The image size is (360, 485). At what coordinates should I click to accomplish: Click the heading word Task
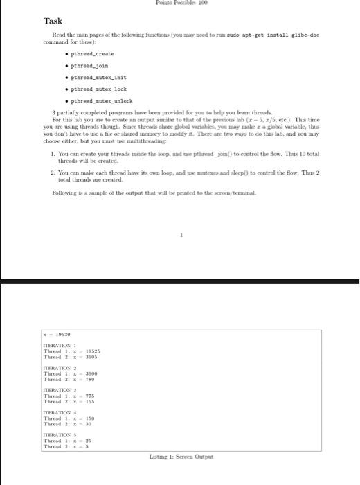pos(53,21)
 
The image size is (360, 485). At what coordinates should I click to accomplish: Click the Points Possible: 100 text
pos(181,3)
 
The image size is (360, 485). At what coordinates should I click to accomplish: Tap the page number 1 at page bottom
pos(181,235)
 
